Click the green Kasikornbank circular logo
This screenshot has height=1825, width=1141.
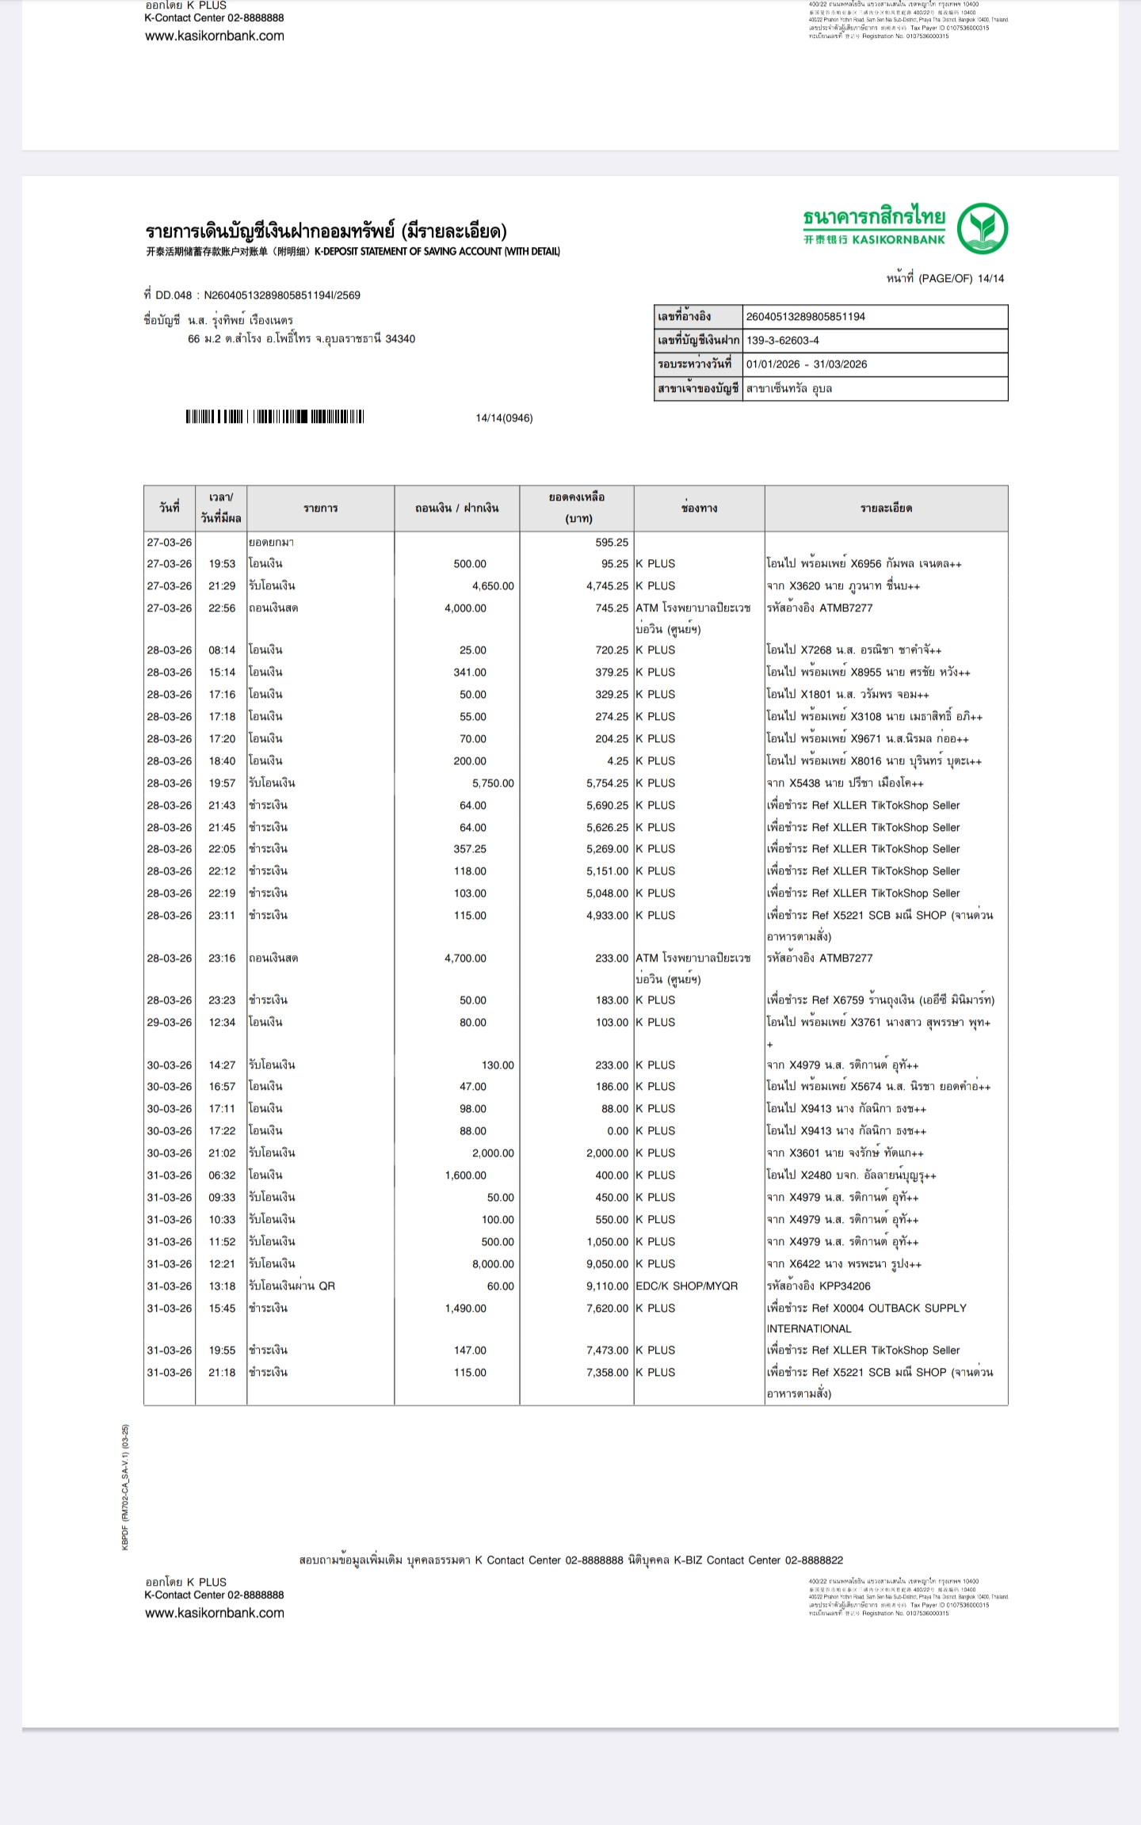tap(982, 228)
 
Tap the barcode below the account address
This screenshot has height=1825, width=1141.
tap(274, 417)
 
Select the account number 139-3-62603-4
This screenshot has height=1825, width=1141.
tap(782, 341)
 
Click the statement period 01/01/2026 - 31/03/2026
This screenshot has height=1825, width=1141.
tap(806, 364)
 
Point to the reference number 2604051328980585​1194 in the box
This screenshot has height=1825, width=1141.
tap(805, 317)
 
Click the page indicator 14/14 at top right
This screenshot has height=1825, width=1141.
tap(990, 279)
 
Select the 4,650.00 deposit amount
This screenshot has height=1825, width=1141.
tap(493, 586)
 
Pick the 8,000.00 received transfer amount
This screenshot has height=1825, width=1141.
tap(493, 1264)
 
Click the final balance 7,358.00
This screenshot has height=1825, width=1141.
tap(607, 1372)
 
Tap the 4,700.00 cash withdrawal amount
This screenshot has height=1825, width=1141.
tap(465, 958)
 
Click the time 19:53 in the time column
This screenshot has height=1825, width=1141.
tap(222, 564)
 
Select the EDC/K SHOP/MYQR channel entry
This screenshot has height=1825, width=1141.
tap(686, 1286)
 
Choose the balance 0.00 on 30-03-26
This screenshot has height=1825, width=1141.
tap(617, 1131)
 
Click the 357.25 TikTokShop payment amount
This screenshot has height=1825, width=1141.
tap(470, 848)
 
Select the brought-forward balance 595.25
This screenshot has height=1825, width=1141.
tap(612, 543)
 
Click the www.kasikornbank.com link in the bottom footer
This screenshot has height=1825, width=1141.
tap(214, 1613)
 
